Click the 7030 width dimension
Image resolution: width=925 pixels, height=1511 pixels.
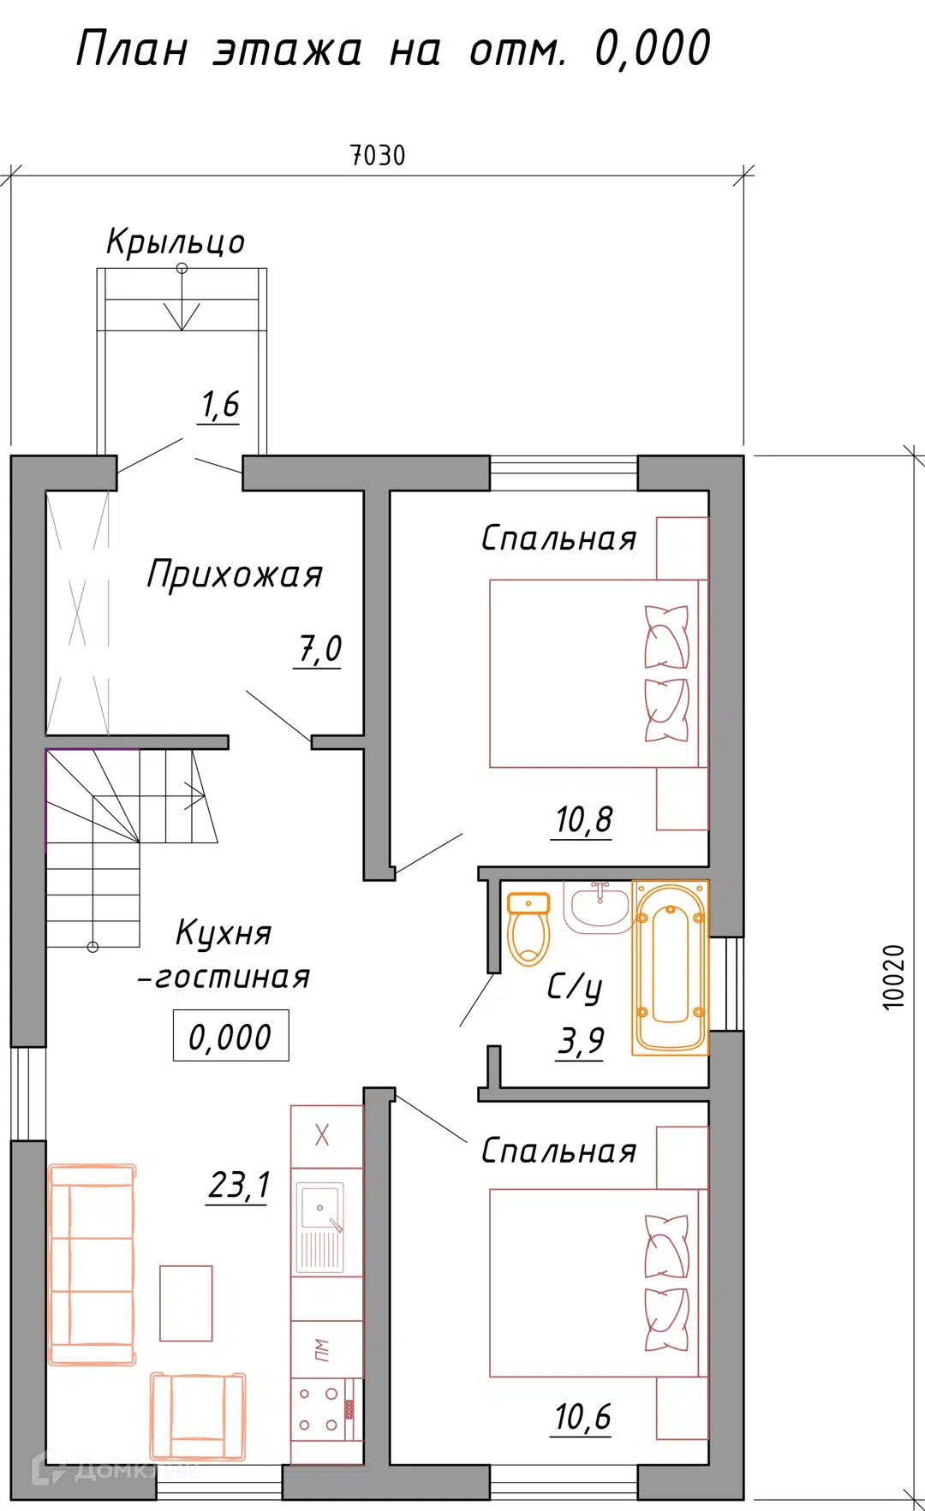tap(378, 156)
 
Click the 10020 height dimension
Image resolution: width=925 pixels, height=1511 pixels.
tap(893, 977)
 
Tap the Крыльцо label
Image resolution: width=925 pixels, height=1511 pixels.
tap(176, 242)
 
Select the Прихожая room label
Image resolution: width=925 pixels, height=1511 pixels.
tap(235, 574)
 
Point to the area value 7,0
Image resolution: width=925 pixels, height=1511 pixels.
tap(319, 649)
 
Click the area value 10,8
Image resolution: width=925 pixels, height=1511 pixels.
tap(583, 820)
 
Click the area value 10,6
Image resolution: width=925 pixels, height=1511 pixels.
tap(582, 1417)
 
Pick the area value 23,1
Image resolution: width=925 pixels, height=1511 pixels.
tap(239, 1186)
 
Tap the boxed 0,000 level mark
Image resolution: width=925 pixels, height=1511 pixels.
tap(230, 1037)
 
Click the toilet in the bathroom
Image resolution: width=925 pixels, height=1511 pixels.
tap(528, 929)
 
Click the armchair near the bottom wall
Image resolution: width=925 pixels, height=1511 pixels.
tap(198, 1416)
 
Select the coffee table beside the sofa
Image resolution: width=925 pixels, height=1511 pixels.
tap(186, 1303)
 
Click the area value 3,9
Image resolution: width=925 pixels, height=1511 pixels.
tap(581, 1042)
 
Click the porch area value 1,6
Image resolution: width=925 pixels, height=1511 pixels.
tap(220, 405)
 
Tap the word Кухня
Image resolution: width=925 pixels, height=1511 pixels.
tap(224, 933)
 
